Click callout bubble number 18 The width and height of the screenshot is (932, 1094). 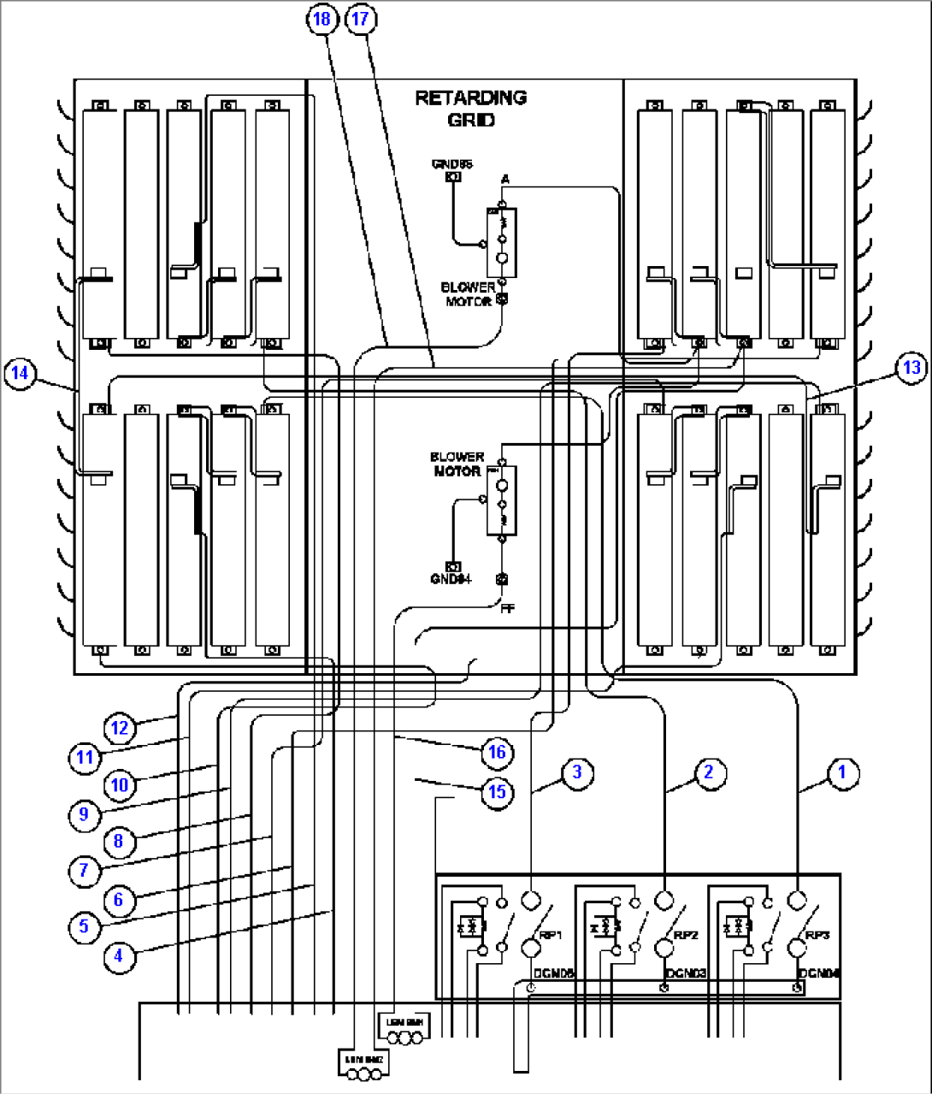[323, 19]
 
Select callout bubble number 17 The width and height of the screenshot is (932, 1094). [361, 19]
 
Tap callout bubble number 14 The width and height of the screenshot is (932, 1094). [20, 373]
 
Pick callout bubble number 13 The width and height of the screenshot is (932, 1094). [911, 367]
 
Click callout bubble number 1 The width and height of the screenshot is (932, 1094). [841, 772]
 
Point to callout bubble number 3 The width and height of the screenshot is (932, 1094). [577, 772]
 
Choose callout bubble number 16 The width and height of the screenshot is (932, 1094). [497, 752]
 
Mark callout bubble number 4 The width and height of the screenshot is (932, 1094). [119, 955]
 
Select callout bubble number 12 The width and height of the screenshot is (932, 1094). [120, 727]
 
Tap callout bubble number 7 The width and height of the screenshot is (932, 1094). [84, 871]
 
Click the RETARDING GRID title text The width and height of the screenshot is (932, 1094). [471, 109]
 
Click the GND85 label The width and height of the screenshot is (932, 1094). [452, 163]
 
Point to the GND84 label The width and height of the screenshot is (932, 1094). [451, 579]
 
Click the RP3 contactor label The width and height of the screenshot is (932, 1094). [817, 935]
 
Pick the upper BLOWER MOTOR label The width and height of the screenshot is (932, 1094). [468, 294]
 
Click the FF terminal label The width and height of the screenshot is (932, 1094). [508, 608]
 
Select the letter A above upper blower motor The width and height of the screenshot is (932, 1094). [505, 179]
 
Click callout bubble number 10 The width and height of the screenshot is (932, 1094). [120, 784]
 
